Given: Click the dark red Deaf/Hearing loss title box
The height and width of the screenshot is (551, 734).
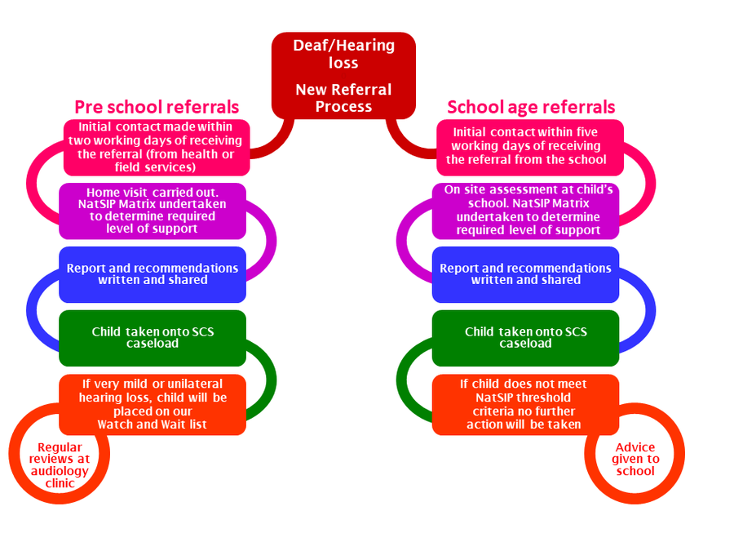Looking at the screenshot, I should point(343,76).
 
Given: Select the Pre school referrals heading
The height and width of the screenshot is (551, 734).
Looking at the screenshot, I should point(157,107).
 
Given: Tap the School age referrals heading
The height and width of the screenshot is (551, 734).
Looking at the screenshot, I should point(531,107).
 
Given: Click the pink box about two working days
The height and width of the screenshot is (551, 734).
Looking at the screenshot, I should point(156,147).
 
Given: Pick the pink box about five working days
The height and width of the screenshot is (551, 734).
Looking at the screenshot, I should point(529,147).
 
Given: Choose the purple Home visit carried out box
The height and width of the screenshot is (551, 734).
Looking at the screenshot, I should point(152,211).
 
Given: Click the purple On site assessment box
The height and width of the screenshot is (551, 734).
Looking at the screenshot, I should point(526,211).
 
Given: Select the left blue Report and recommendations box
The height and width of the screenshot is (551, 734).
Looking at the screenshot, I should point(152,274).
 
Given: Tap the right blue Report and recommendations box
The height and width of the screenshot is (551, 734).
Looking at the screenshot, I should point(526,274).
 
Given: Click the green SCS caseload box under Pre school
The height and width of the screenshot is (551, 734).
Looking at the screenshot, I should point(152,338).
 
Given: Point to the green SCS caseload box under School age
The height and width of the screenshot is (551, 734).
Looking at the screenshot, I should point(526,338).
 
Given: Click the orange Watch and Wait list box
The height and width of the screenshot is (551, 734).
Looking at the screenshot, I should point(152,404).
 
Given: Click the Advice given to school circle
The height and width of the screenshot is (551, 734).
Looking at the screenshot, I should point(635,460).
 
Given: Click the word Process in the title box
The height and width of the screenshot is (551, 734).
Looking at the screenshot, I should point(343,106).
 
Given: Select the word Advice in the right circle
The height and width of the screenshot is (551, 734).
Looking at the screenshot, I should point(635,447).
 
